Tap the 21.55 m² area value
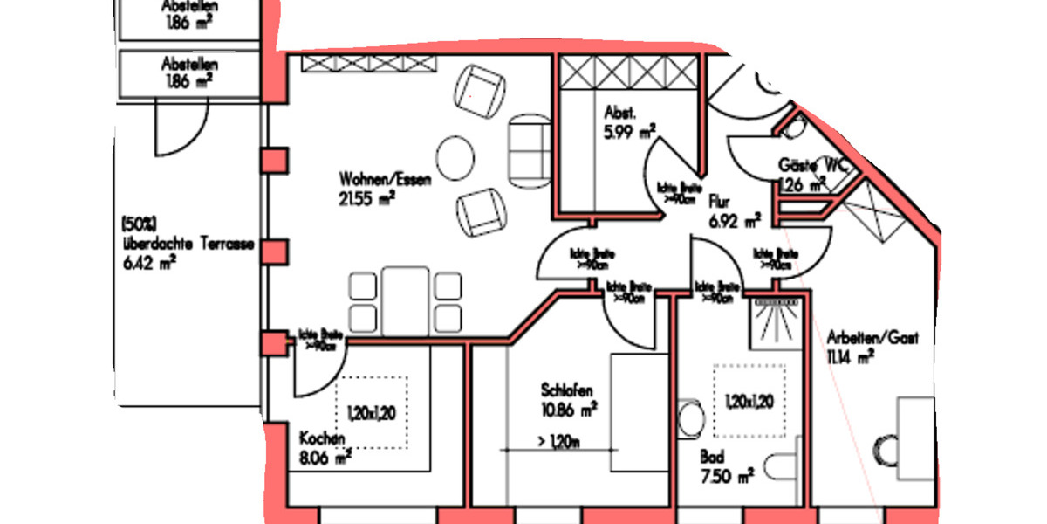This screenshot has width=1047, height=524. (367, 198)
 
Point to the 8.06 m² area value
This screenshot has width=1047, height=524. (325, 455)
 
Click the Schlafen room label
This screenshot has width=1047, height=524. (567, 390)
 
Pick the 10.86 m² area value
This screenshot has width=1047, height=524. (569, 408)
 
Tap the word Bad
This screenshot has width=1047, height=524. (711, 456)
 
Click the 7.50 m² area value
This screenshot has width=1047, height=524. (726, 476)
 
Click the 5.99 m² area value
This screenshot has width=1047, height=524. (629, 132)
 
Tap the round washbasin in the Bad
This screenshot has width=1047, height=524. (691, 419)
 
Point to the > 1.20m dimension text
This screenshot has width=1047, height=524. (559, 442)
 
